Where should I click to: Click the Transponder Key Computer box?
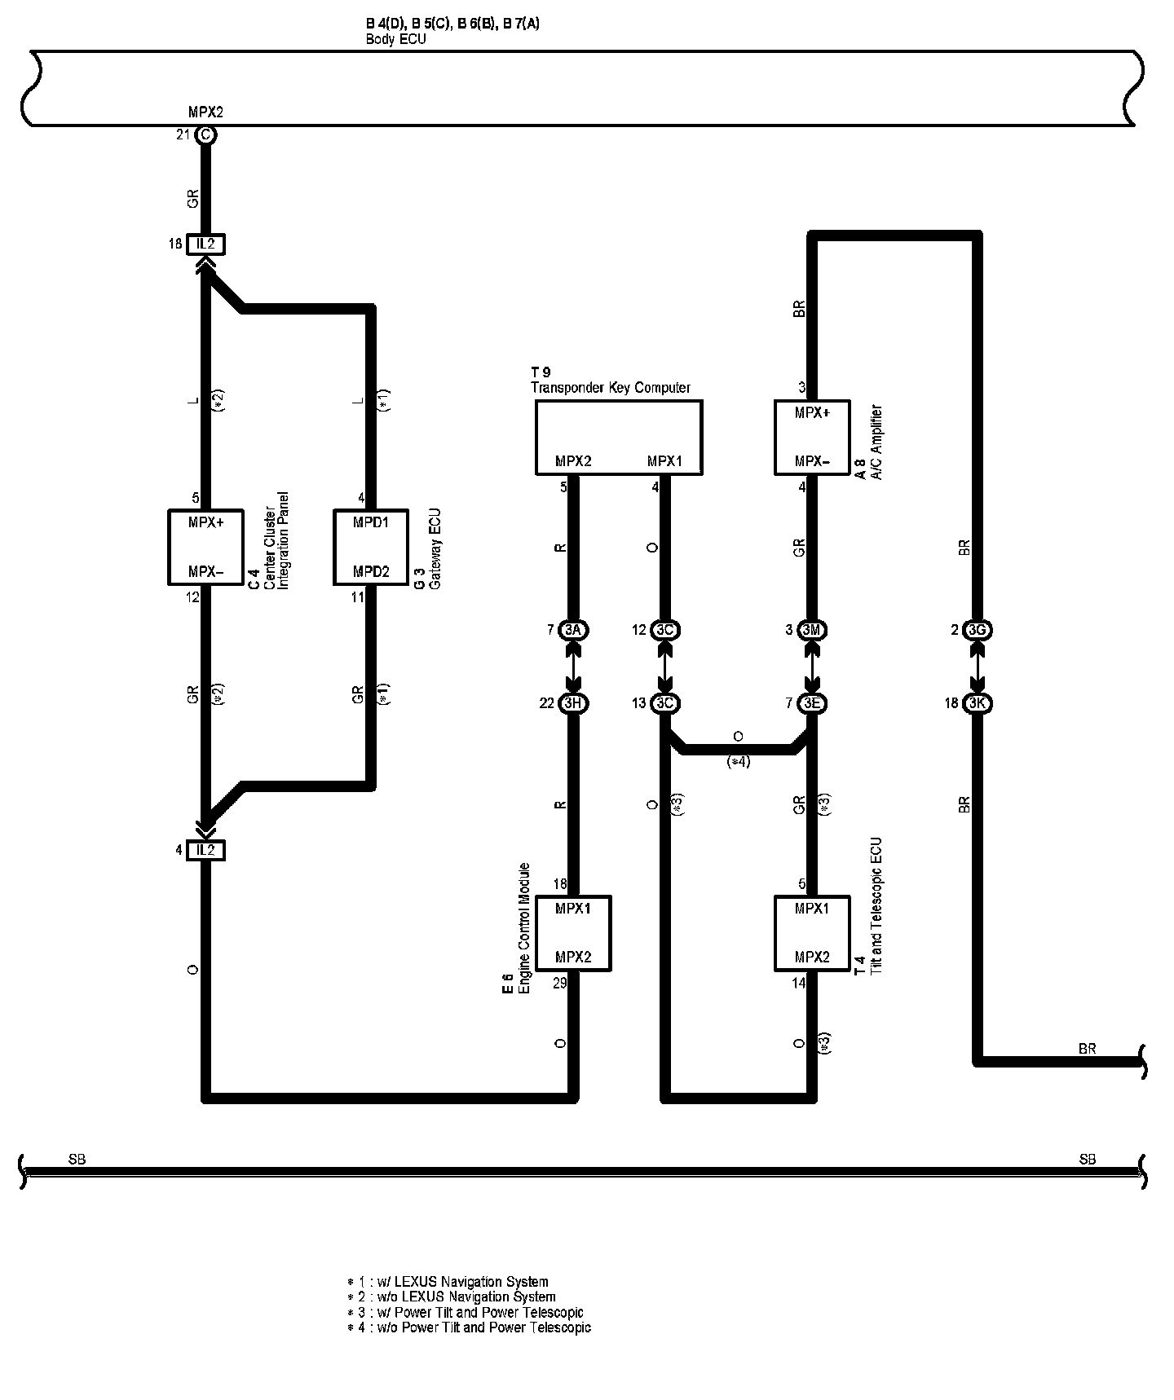click(x=618, y=437)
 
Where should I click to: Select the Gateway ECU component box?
click(x=371, y=547)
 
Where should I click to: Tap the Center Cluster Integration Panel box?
click(x=205, y=547)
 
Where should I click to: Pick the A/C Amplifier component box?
click(x=811, y=437)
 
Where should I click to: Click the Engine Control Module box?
click(x=573, y=933)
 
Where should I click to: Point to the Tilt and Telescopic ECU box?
click(x=811, y=933)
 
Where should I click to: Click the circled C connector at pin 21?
click(x=205, y=135)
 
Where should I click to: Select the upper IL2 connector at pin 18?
click(x=205, y=244)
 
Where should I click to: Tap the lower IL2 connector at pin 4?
click(x=205, y=850)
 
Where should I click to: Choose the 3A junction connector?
click(x=573, y=630)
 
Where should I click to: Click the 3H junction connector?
click(x=573, y=703)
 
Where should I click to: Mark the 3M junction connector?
click(x=811, y=630)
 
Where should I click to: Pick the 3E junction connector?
click(x=811, y=703)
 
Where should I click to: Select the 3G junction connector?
click(x=977, y=630)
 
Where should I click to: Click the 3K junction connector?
click(x=977, y=703)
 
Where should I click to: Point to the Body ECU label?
click(x=395, y=38)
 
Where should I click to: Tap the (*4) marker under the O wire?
click(x=738, y=762)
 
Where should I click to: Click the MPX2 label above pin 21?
click(x=205, y=112)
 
